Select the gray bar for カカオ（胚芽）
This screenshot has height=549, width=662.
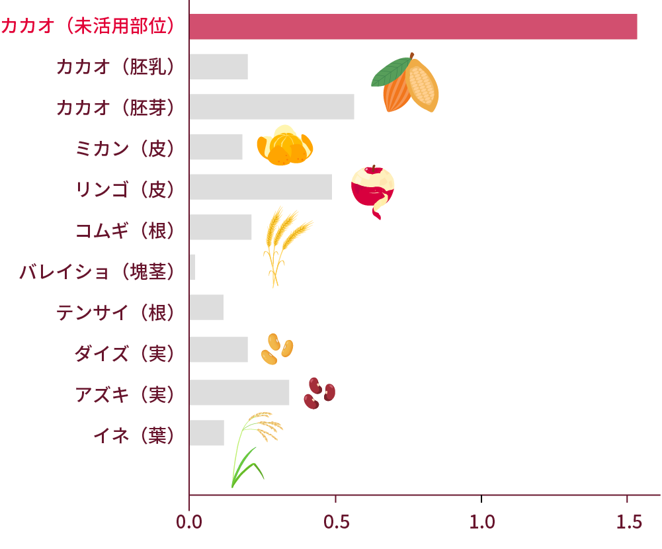pos(272,106)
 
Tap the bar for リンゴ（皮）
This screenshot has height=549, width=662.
pos(261,187)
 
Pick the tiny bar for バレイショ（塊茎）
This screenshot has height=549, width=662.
pos(192,267)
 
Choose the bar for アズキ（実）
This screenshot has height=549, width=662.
pos(239,392)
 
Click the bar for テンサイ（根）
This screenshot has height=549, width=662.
pos(206,308)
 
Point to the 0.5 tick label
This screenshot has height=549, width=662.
pos(335,522)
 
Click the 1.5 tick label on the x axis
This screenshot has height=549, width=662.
pos(628,522)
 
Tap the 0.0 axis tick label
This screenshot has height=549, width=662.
pos(189,522)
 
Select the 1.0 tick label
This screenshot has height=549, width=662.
pos(481,522)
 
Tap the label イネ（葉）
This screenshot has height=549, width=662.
pos(134,435)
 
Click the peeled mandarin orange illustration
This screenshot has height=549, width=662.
pos(284,146)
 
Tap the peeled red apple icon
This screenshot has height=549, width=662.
pos(373,189)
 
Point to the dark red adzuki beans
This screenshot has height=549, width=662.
pos(319,393)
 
